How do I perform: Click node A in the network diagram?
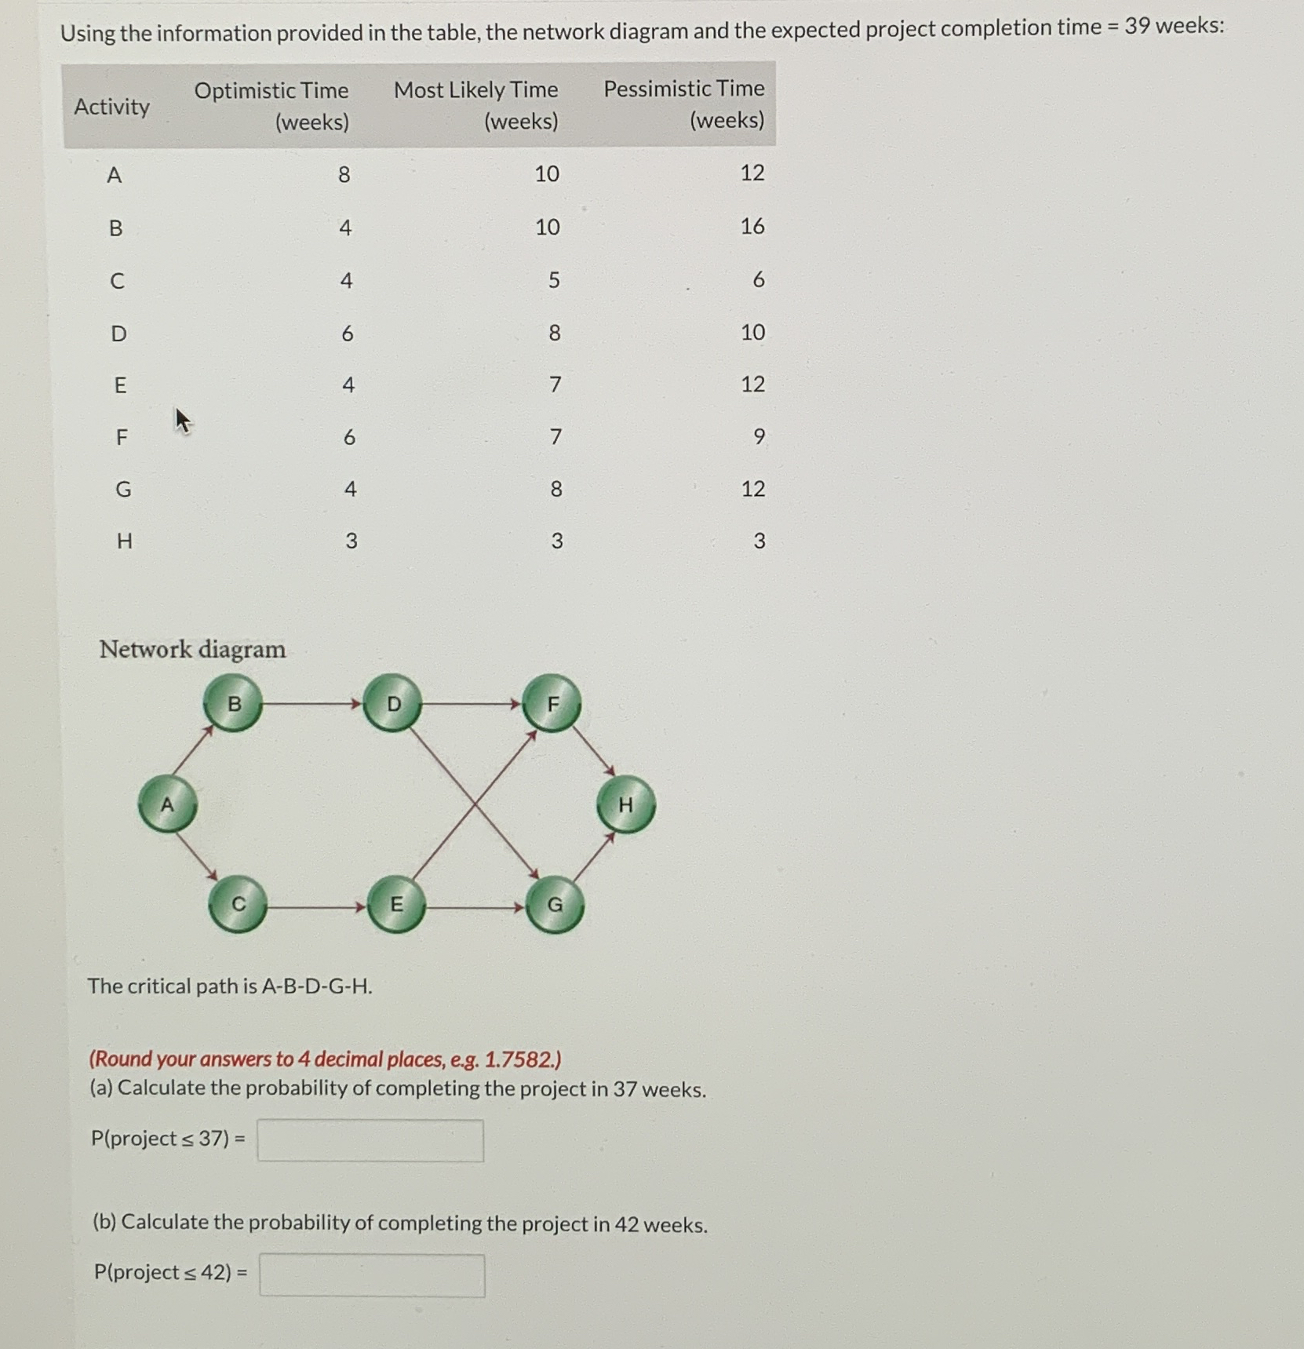(167, 804)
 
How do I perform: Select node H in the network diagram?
(625, 804)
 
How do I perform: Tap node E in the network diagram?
(396, 904)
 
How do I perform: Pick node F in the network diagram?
(552, 704)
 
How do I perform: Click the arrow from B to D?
(312, 704)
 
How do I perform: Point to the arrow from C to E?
(316, 907)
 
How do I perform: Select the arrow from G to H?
(593, 857)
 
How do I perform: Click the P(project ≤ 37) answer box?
(370, 1139)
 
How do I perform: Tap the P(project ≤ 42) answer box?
(372, 1274)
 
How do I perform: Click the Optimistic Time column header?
(271, 105)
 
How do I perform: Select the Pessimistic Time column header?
(683, 104)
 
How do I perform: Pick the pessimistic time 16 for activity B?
(752, 227)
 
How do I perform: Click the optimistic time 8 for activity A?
(344, 174)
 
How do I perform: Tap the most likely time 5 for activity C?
(554, 280)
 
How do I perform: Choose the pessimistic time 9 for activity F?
(758, 436)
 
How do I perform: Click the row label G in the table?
(123, 490)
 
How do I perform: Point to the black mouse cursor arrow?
(182, 420)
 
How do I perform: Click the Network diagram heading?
(192, 649)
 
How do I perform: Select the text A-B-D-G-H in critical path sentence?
(316, 986)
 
